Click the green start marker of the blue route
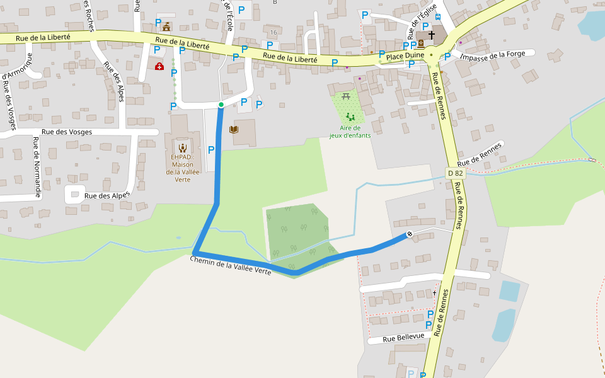click(x=221, y=105)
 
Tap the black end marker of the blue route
click(x=410, y=234)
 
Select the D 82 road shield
click(x=455, y=173)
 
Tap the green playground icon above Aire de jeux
click(x=350, y=117)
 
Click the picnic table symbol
click(x=346, y=96)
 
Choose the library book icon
click(x=234, y=130)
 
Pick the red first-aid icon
click(x=159, y=66)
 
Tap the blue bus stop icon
click(x=437, y=17)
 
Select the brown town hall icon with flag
click(x=166, y=26)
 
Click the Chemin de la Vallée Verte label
click(x=231, y=265)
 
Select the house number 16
click(x=273, y=32)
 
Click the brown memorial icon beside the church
click(x=420, y=44)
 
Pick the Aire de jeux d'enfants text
click(x=350, y=131)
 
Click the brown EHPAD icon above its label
click(x=182, y=148)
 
